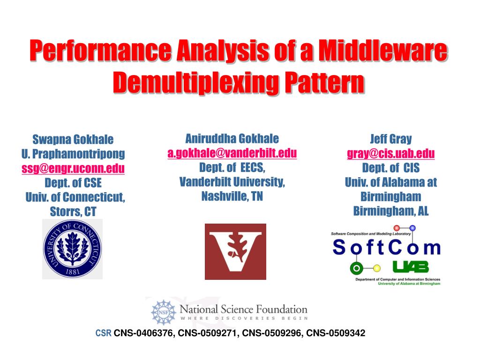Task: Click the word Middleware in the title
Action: (x=383, y=50)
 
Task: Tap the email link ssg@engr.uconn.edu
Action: (x=73, y=169)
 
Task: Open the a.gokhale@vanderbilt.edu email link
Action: (x=232, y=153)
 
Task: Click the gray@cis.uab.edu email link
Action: (x=390, y=153)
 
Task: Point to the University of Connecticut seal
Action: (x=73, y=249)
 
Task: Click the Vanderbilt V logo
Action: (x=235, y=252)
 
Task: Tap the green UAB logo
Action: (x=411, y=267)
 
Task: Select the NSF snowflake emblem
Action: (x=164, y=312)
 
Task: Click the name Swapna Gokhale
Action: (x=73, y=140)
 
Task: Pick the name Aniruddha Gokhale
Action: (x=232, y=139)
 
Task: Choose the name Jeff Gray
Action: (x=391, y=139)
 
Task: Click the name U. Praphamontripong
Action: (x=73, y=154)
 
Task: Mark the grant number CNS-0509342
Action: (x=336, y=333)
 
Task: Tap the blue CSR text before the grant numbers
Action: (x=103, y=333)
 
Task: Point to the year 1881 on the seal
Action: (x=73, y=271)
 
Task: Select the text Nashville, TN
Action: (x=232, y=196)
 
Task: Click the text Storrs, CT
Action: (x=73, y=211)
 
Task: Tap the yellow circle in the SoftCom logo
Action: (x=377, y=269)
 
